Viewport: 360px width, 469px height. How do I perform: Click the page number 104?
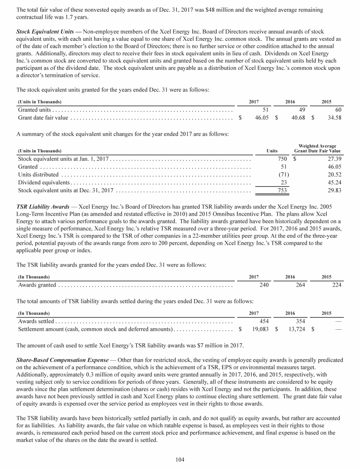click(x=180, y=459)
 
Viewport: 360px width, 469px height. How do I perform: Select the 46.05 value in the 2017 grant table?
click(x=261, y=118)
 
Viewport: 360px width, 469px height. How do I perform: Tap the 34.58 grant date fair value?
click(x=333, y=118)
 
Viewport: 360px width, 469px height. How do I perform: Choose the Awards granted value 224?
click(x=336, y=285)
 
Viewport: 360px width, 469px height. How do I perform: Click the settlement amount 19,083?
click(x=260, y=330)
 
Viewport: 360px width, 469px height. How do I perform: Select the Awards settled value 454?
click(x=263, y=321)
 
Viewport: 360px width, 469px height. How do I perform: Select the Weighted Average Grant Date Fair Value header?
click(x=317, y=149)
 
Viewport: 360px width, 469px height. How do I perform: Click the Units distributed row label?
click(x=38, y=174)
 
